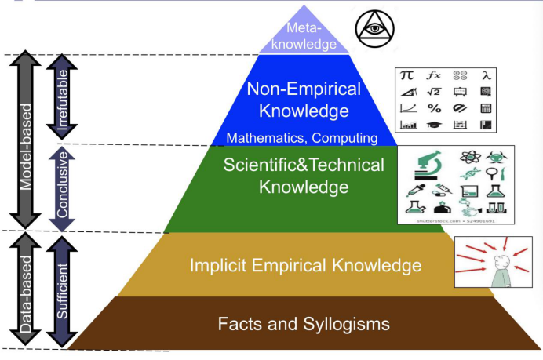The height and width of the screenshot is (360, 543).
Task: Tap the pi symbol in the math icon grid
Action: (x=407, y=76)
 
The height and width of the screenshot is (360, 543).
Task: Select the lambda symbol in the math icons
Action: (x=487, y=75)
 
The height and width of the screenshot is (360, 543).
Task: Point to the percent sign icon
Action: (x=434, y=108)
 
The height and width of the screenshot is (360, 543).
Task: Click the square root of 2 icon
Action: (x=433, y=92)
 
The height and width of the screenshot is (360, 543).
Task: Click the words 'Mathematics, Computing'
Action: (x=302, y=138)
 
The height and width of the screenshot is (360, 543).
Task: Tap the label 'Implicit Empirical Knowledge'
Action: (x=305, y=265)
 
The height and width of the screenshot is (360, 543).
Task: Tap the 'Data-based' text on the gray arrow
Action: (x=26, y=291)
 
